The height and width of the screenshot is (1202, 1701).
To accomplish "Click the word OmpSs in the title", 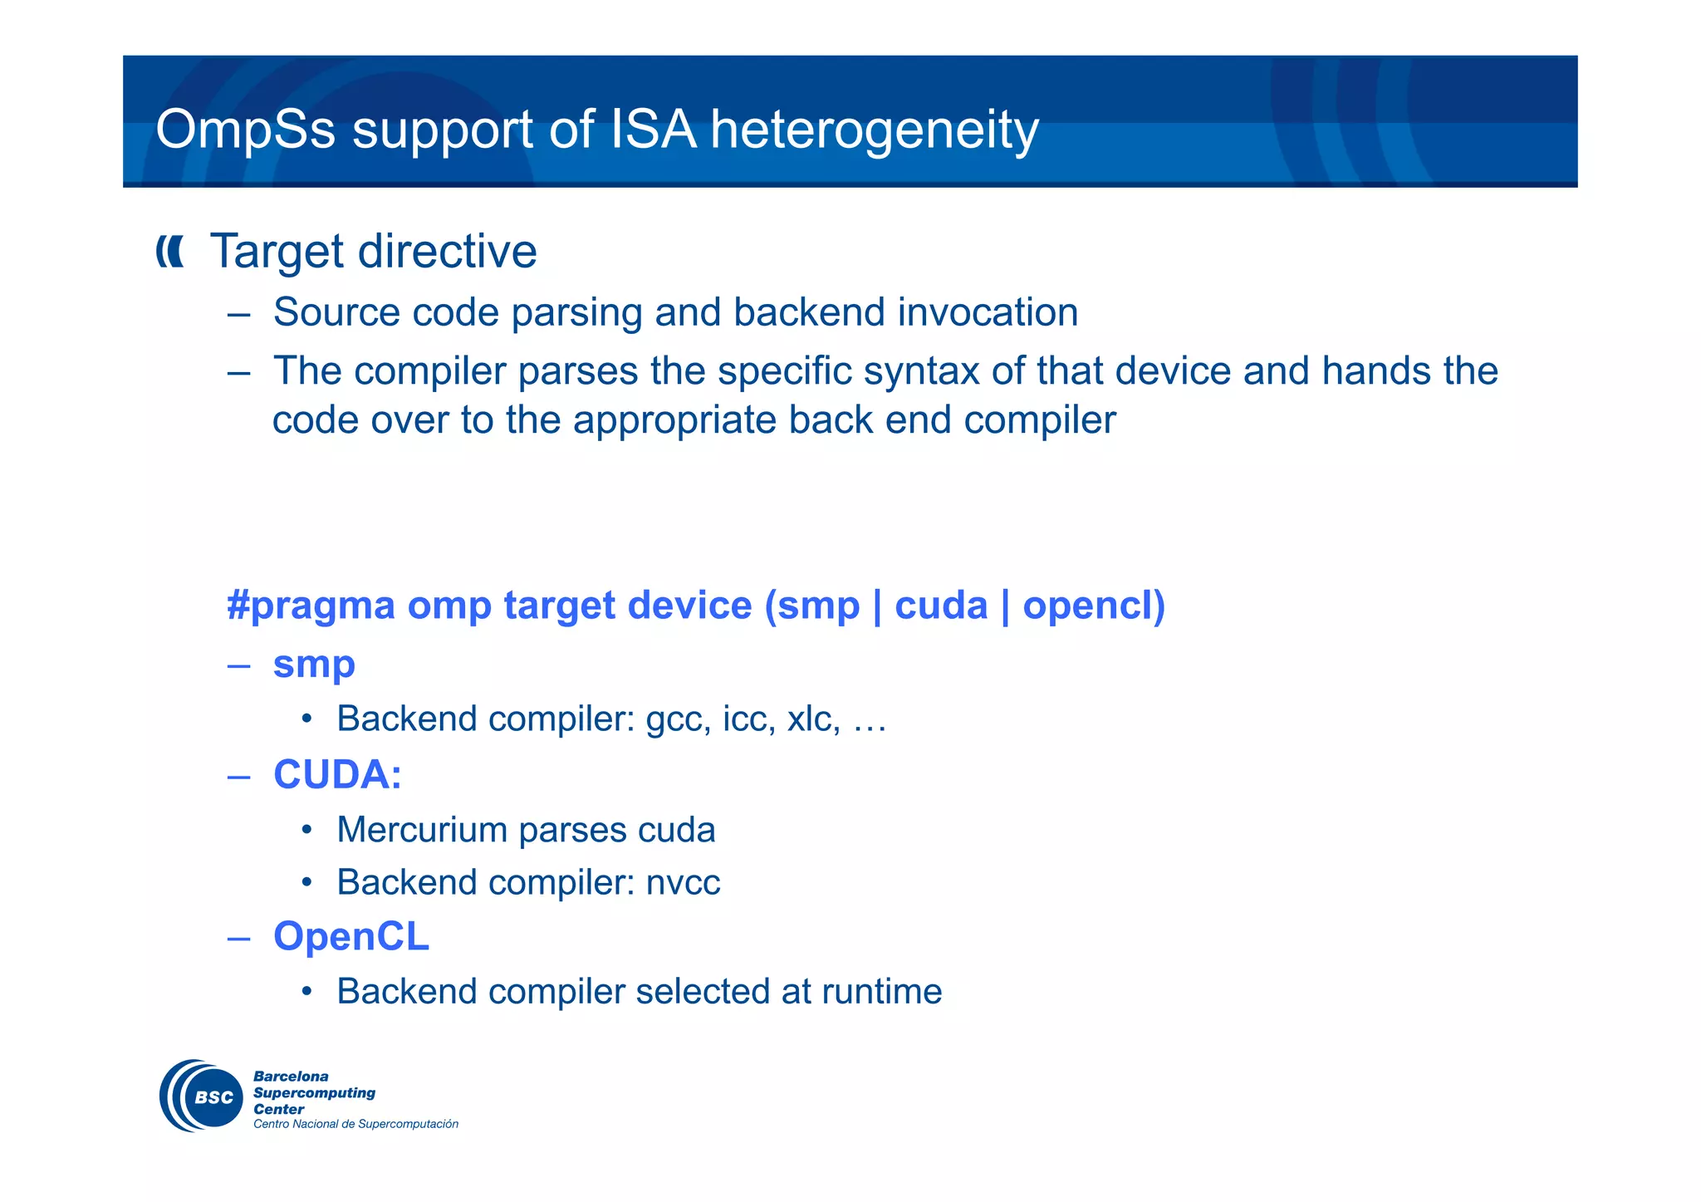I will point(245,130).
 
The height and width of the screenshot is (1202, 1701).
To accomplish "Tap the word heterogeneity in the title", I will point(874,130).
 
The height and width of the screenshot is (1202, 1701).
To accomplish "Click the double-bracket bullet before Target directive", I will point(170,252).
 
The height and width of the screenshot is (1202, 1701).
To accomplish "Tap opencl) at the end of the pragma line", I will point(1093,606).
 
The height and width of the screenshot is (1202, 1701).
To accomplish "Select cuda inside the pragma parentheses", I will point(940,606).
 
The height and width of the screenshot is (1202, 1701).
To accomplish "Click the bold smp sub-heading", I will point(314,664).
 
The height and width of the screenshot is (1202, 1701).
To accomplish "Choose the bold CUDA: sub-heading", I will point(337,774).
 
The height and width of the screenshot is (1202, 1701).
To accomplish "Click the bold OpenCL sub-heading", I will point(350,936).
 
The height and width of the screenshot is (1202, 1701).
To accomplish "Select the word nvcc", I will point(683,882).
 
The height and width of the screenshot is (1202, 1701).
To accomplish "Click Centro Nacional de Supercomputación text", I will point(355,1124).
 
